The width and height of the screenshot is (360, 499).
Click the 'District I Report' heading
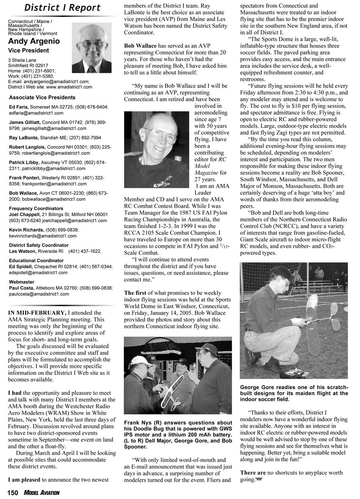tap(62, 8)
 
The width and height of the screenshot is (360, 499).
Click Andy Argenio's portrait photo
tap(92, 47)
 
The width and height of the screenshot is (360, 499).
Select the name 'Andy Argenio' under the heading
tap(34, 41)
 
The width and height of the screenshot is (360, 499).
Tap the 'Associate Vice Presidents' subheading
tap(42, 97)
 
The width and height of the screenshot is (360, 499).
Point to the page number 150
tap(12, 493)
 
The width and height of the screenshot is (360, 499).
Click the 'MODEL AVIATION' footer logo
tap(41, 493)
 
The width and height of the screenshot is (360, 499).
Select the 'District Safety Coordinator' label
tap(38, 245)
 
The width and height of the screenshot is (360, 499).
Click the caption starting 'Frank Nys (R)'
tap(178, 434)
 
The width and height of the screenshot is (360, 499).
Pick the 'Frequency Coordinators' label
tap(36, 208)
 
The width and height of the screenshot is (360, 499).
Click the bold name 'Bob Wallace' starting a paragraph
tap(140, 46)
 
